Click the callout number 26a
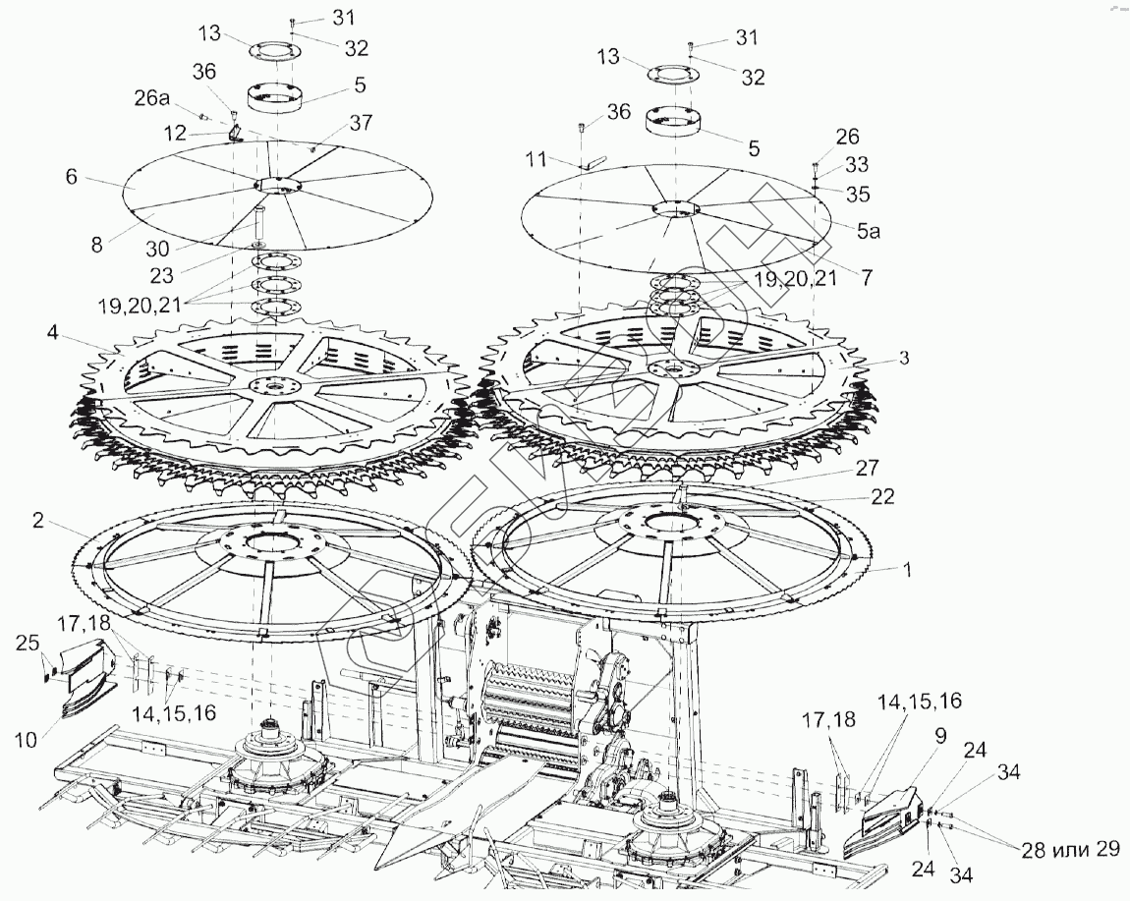(152, 99)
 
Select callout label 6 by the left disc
(71, 177)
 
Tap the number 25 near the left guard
(28, 645)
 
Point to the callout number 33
(858, 164)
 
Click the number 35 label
(858, 194)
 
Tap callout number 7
(866, 278)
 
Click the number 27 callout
(867, 467)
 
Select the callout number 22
(883, 497)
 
